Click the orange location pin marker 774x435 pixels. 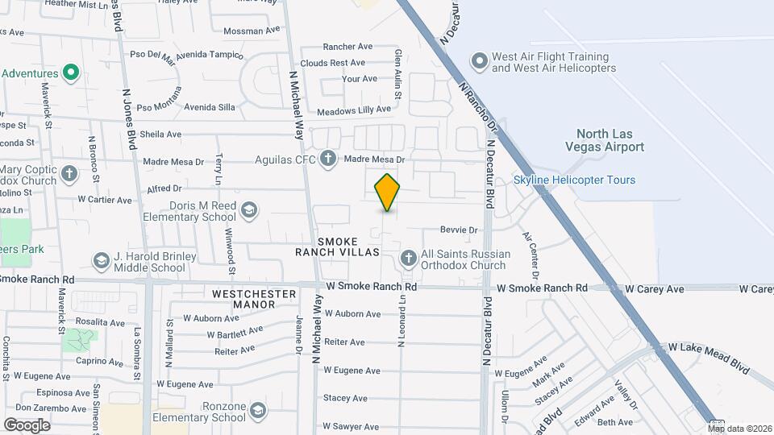pos(387,193)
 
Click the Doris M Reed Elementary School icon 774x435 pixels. pos(249,210)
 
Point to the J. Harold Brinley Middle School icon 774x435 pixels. pos(102,261)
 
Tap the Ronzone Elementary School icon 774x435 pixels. pos(257,411)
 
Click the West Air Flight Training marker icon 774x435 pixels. pos(480,62)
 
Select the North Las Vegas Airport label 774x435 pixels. pos(610,140)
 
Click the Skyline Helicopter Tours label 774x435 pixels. pos(574,180)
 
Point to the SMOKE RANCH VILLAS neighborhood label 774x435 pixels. pos(347,246)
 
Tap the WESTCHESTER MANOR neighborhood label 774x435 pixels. pos(255,300)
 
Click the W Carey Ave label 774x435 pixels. pos(655,288)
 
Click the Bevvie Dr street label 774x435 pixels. pos(459,230)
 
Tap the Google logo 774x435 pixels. pos(27,425)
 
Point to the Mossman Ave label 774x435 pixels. pos(252,31)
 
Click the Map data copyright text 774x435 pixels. pos(739,429)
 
